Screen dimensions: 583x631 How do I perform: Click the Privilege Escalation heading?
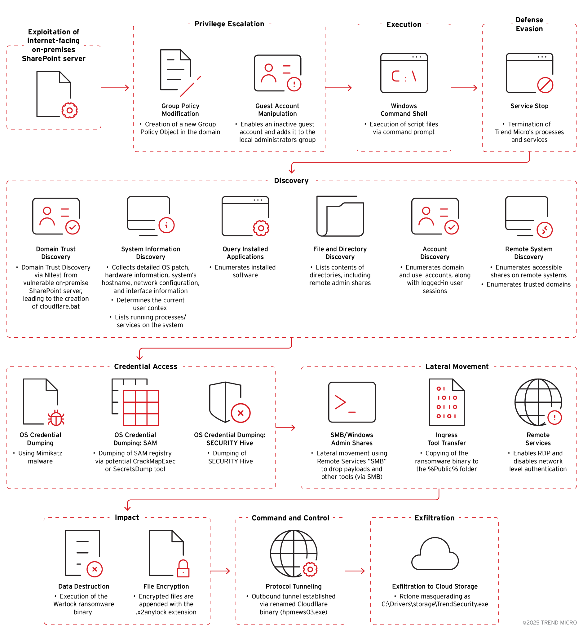point(229,24)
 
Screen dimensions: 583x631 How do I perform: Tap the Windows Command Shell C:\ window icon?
point(404,73)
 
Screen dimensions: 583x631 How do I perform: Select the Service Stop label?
point(529,106)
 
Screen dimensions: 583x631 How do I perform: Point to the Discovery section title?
point(291,181)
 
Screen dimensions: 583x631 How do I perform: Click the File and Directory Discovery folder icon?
point(340,216)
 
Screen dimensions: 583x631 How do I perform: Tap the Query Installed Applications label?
point(245,253)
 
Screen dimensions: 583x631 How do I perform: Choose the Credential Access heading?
point(146,366)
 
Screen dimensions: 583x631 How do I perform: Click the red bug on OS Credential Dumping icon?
point(56,418)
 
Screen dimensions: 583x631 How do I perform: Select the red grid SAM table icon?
point(141,408)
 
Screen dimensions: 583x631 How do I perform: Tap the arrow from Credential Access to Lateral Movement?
point(285,427)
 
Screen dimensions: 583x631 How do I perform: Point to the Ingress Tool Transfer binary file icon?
point(447,402)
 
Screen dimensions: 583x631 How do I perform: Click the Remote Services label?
point(538,439)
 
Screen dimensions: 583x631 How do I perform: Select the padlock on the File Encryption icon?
point(183,568)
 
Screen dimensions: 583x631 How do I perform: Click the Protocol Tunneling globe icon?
point(294,554)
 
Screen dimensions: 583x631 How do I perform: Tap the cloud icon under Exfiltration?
point(435,554)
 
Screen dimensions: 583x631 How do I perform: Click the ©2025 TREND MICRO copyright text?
point(550,623)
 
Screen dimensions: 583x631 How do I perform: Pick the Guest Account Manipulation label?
point(277,110)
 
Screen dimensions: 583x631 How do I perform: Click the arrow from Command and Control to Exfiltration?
point(355,571)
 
